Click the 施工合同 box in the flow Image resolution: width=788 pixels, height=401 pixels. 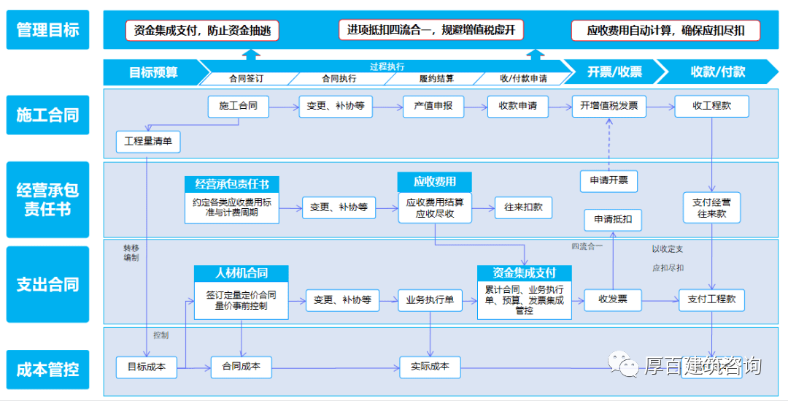pos(238,106)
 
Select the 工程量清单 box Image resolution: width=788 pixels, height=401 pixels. pos(148,142)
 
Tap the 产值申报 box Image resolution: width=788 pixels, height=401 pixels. pos(433,106)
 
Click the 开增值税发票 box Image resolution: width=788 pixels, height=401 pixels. pos(609,106)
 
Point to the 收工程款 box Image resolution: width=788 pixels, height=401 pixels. pos(712,106)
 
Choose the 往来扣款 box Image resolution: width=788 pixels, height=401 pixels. pos(523,207)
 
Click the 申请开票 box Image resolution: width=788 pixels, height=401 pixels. pos(609,181)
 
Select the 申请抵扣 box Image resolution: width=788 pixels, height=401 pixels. pos(613,219)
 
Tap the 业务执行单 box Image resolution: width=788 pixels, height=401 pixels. pos(430,299)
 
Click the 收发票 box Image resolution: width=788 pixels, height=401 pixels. pos(613,299)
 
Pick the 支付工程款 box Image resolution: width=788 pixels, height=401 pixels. pos(712,299)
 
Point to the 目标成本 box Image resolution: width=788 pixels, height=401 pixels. pos(147,367)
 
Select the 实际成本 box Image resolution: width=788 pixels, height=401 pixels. pos(430,367)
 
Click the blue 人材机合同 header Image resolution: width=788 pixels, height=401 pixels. pos(242,273)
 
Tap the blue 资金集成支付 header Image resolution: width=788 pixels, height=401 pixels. pos(524,273)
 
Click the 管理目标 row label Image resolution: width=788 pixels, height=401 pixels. pos(47,30)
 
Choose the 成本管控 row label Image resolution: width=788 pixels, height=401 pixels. pos(47,370)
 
